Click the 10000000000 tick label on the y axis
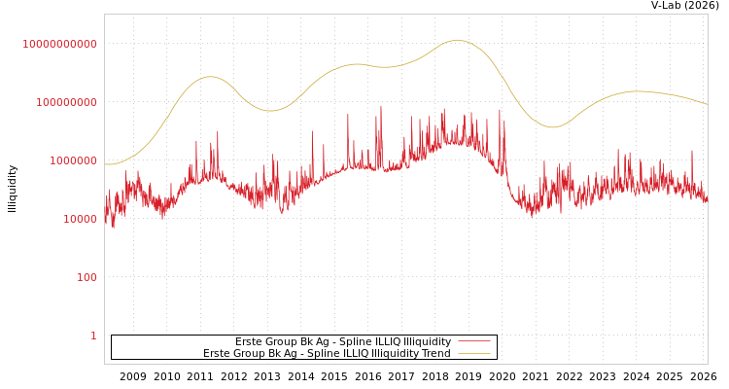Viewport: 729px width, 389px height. point(59,44)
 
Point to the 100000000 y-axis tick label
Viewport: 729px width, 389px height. point(66,102)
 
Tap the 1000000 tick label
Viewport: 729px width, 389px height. point(73,160)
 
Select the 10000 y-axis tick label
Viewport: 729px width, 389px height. point(80,219)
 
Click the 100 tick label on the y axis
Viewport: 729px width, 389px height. point(87,277)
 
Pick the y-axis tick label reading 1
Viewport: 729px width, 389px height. point(93,336)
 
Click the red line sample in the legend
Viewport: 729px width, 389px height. point(473,341)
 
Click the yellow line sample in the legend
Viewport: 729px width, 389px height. point(473,354)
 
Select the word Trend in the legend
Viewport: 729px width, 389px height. point(434,354)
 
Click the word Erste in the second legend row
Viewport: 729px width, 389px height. point(217,354)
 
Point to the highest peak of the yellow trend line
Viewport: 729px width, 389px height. point(457,40)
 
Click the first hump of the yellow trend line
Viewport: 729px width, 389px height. point(210,76)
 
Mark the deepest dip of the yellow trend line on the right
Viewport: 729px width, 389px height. point(552,127)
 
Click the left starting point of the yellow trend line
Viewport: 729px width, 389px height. point(105,164)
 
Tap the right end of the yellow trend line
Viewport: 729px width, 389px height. point(707,104)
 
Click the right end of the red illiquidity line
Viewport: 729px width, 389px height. point(707,198)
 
